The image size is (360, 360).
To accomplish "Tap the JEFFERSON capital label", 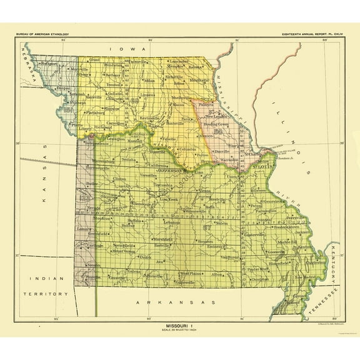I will click(168, 170).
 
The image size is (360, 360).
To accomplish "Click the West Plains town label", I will click(189, 273).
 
